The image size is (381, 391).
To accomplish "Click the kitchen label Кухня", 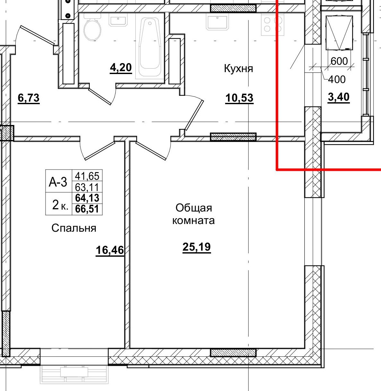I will (x=238, y=69).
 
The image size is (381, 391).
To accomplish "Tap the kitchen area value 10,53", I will (x=239, y=98).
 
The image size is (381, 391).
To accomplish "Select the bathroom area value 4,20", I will (x=121, y=68).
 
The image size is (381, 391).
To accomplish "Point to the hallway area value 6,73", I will (x=29, y=98).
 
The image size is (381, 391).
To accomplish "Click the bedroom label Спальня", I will (x=74, y=228).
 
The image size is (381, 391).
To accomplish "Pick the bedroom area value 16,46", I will (x=110, y=250).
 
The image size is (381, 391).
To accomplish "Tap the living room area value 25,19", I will (x=197, y=247).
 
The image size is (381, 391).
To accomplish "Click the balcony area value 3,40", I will (x=339, y=97).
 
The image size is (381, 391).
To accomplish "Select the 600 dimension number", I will (x=339, y=61).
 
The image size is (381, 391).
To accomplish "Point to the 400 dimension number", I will (x=337, y=79).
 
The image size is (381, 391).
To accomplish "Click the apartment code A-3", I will (x=58, y=182).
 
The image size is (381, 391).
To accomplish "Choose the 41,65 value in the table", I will (x=87, y=176).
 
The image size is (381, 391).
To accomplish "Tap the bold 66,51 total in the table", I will (x=87, y=209).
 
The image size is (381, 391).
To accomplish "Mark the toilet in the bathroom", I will (x=92, y=29).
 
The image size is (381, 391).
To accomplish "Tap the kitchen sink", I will (x=217, y=22).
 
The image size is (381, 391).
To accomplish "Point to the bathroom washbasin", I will (x=120, y=21).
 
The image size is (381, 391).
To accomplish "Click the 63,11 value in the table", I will (x=87, y=187).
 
